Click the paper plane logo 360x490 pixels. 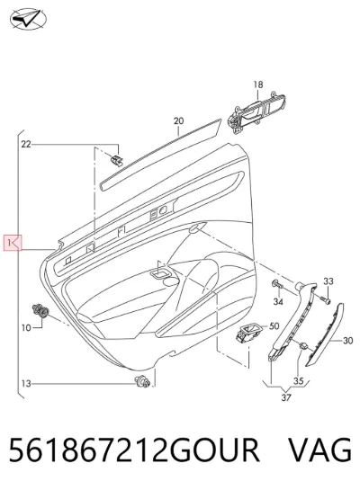point(28,19)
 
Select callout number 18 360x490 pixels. point(258,85)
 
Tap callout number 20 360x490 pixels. point(178,120)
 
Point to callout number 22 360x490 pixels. point(26,145)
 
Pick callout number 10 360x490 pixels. point(27,328)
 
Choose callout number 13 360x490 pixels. point(27,383)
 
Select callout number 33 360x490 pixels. point(328,281)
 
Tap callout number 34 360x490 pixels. point(278,301)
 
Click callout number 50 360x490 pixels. point(274,326)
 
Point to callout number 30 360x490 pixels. point(347,341)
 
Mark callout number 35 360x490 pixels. point(299,381)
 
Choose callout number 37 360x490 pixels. point(286,397)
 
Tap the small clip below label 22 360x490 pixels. point(117,160)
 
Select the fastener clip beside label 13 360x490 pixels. point(142,381)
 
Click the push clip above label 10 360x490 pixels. point(40,310)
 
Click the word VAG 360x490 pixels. point(319,450)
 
